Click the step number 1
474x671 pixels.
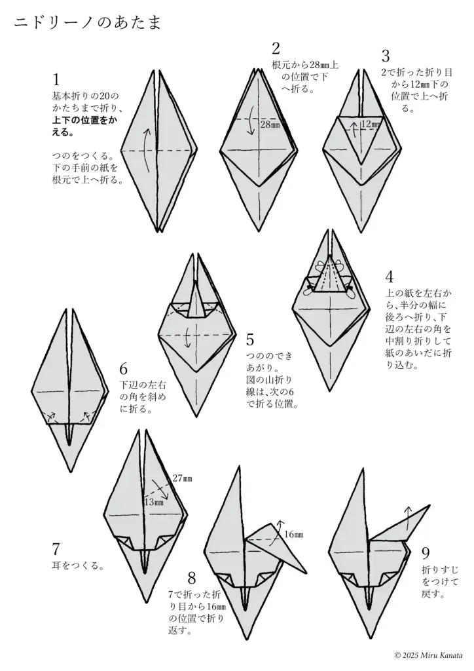[56, 80]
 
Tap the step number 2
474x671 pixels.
[276, 48]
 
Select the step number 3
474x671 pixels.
[386, 57]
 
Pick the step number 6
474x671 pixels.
[123, 369]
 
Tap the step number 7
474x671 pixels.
[56, 549]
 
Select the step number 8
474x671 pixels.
[192, 578]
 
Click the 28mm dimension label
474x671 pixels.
[269, 124]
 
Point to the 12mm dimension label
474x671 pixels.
[371, 124]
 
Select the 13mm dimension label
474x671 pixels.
[153, 501]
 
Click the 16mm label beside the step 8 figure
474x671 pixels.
[293, 535]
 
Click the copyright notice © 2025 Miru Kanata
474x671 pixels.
[429, 655]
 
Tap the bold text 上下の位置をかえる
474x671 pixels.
[85, 126]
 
